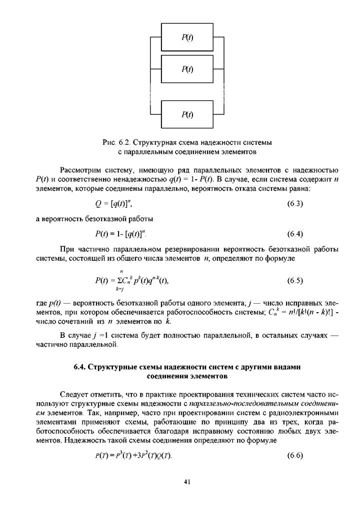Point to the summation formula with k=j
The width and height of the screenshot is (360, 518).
(x=131, y=281)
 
